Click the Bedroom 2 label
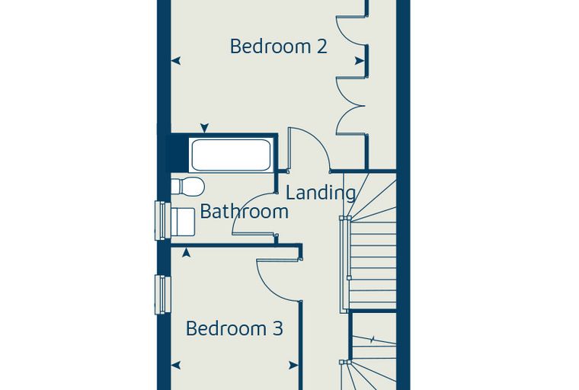tap(278, 46)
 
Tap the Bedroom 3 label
tap(234, 328)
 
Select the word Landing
tap(321, 193)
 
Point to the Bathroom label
tap(244, 212)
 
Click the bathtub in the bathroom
tap(231, 155)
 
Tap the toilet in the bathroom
tap(188, 187)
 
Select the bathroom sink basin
tap(182, 222)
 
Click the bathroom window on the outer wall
tap(162, 220)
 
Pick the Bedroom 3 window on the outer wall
tap(162, 294)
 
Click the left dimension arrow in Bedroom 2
tap(176, 61)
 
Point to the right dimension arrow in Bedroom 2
tap(360, 61)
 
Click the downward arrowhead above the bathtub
tap(204, 128)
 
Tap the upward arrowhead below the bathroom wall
tap(187, 253)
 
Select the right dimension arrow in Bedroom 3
tap(293, 366)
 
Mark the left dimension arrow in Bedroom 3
tap(176, 366)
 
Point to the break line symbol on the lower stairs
tap(373, 339)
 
